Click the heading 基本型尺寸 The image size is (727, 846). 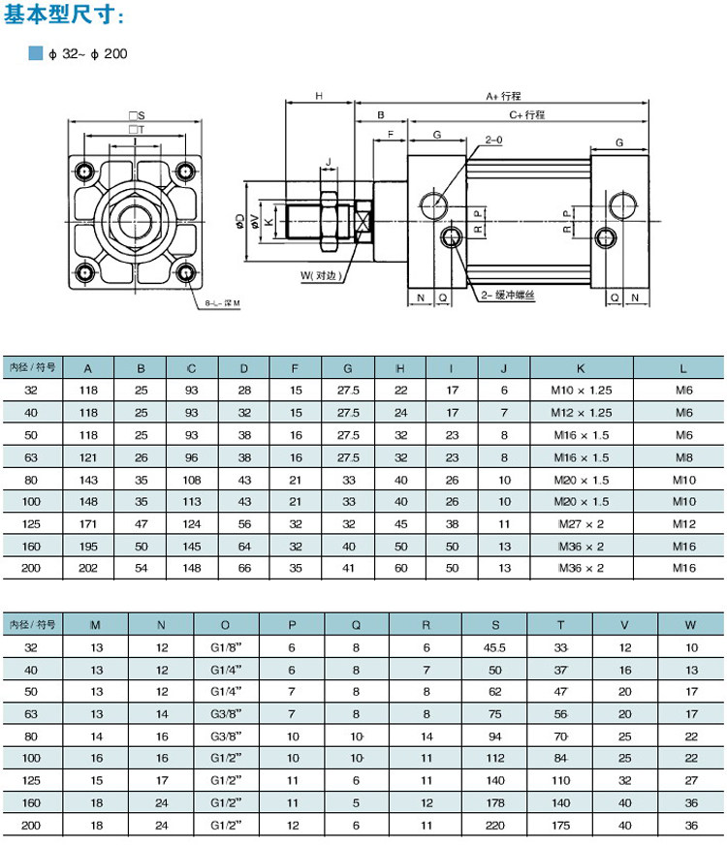pyautogui.click(x=64, y=16)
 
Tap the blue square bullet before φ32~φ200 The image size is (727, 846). pyautogui.click(x=36, y=53)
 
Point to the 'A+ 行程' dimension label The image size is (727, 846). pyautogui.click(x=503, y=96)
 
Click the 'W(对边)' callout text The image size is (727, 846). pyautogui.click(x=319, y=275)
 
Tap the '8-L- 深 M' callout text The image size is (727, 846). pyautogui.click(x=222, y=303)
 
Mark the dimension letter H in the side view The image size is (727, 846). pyautogui.click(x=319, y=96)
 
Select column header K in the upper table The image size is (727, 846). pyautogui.click(x=582, y=368)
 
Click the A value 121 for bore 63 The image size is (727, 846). pyautogui.click(x=88, y=457)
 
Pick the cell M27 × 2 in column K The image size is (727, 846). pyautogui.click(x=582, y=524)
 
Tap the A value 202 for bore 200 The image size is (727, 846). pyautogui.click(x=88, y=569)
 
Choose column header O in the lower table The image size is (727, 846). pyautogui.click(x=226, y=625)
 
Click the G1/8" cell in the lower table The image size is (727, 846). pyautogui.click(x=226, y=647)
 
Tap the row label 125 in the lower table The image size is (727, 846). pyautogui.click(x=32, y=780)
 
